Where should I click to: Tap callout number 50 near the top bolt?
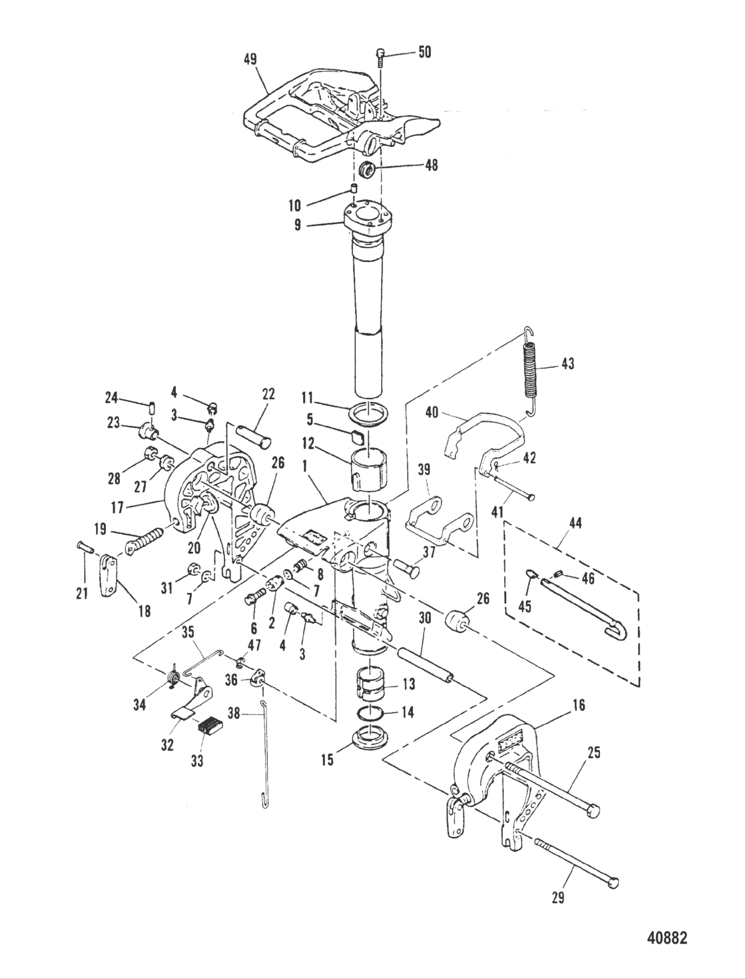coord(424,51)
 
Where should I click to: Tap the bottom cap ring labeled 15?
coord(370,741)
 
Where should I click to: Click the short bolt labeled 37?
coord(406,570)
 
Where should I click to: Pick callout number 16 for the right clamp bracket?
coord(579,704)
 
